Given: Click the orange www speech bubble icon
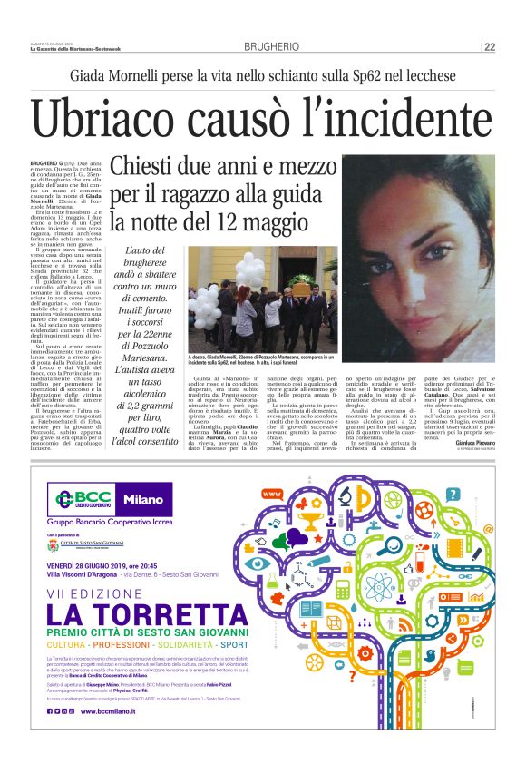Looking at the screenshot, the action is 269,495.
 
